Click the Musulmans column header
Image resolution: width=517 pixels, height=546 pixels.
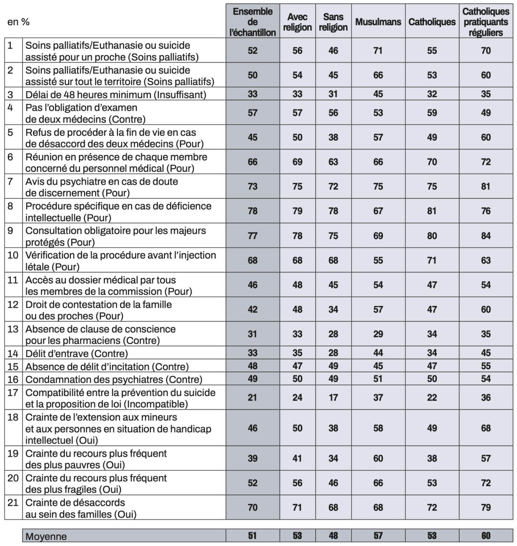[378, 22]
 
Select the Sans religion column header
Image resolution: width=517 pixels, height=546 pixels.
[333, 22]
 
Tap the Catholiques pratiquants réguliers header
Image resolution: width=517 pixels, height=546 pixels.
[486, 22]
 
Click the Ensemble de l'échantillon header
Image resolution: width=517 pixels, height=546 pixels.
[253, 22]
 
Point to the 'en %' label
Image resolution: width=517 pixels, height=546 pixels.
[18, 22]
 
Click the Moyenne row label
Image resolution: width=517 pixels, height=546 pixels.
[46, 536]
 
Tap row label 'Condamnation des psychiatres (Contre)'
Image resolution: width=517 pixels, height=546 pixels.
[114, 379]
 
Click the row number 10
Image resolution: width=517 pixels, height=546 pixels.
[13, 255]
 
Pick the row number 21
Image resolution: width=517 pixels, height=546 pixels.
[13, 502]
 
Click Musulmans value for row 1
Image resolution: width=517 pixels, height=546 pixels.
[378, 51]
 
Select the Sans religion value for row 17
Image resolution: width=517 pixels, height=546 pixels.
[333, 398]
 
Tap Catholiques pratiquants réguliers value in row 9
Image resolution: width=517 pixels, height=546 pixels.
[486, 236]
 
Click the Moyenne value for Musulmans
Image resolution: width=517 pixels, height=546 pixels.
[378, 536]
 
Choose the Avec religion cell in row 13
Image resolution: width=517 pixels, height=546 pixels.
[297, 334]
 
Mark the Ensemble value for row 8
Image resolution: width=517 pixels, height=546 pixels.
[253, 211]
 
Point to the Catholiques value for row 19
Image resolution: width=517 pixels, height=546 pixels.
[432, 458]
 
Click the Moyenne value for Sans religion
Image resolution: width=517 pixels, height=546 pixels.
[333, 536]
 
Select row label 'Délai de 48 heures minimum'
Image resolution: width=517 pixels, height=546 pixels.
[115, 94]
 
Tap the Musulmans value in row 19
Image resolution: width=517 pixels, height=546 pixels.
[378, 458]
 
